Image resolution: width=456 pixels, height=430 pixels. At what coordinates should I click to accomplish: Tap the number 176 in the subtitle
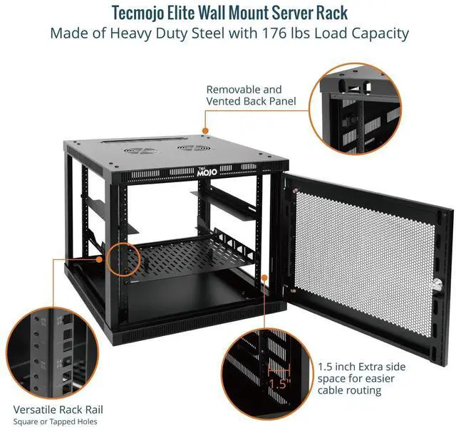[x=280, y=34]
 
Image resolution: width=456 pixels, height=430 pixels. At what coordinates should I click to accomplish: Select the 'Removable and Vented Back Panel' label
[x=244, y=95]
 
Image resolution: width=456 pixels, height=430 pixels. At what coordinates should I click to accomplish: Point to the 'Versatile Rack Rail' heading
[x=58, y=409]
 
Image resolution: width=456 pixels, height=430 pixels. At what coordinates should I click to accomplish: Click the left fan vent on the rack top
[x=139, y=151]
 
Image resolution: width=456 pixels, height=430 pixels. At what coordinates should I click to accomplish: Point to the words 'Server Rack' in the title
[x=309, y=14]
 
